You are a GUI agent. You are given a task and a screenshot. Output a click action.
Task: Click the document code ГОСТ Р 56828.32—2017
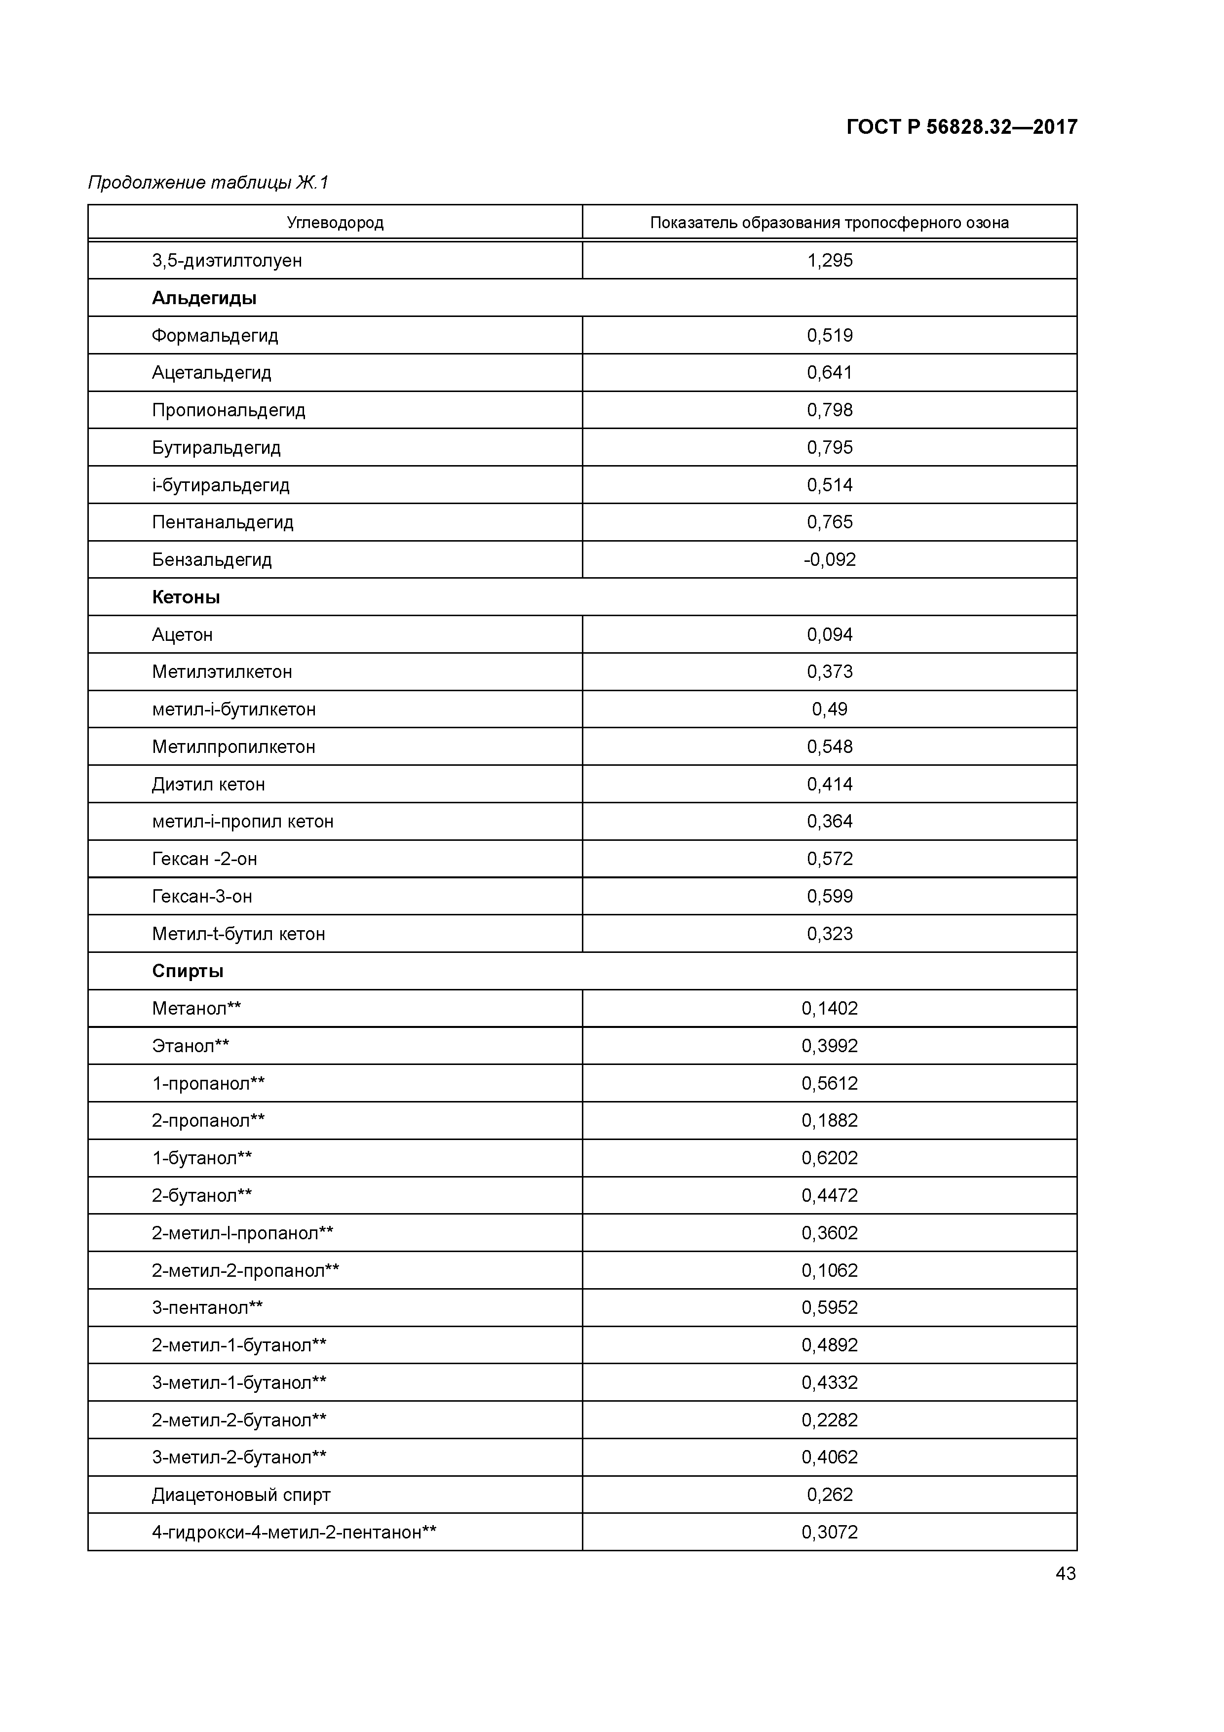(x=961, y=127)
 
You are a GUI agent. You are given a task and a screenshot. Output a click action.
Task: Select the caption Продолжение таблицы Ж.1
(x=208, y=183)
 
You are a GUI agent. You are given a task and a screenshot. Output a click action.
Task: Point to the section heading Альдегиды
(x=204, y=298)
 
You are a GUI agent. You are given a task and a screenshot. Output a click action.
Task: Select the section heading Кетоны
(x=186, y=597)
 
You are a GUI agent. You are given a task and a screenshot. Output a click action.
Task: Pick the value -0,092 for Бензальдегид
(x=830, y=560)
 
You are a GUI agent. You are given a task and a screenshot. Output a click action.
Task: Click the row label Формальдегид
(x=215, y=336)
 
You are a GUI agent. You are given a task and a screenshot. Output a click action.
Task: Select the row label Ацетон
(x=183, y=635)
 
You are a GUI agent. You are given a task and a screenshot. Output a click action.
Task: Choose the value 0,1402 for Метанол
(x=830, y=1009)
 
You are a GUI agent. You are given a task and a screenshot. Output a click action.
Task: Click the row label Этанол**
(x=191, y=1046)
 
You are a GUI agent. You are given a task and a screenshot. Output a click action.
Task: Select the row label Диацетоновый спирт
(x=241, y=1495)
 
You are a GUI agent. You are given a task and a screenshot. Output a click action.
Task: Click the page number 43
(x=1065, y=1574)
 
